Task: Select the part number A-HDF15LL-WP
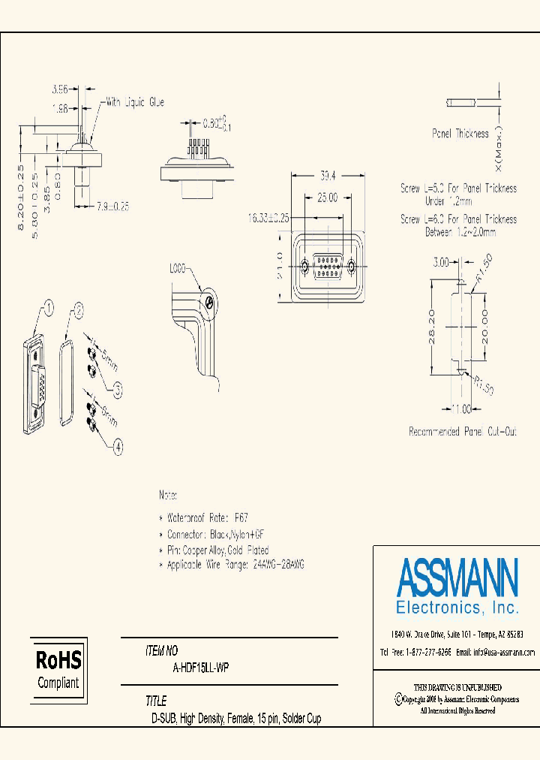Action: [x=201, y=667]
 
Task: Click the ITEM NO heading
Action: [x=161, y=652]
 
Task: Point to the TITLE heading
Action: [x=156, y=701]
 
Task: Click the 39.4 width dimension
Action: [x=328, y=176]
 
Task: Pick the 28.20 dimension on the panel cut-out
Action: [x=433, y=327]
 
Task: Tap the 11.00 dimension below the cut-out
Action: [x=461, y=409]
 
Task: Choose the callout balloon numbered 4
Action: [x=118, y=448]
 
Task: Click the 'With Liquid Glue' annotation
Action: [x=134, y=102]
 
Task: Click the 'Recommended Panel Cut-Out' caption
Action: [x=462, y=432]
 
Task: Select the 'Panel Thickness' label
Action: [x=460, y=134]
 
